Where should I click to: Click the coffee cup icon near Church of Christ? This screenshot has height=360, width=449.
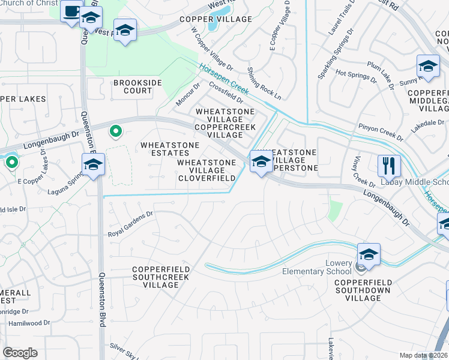(x=71, y=13)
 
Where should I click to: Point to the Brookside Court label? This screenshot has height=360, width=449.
(x=133, y=86)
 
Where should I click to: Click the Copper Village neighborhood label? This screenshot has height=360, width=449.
(x=215, y=19)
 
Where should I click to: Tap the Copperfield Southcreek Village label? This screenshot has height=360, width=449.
(x=161, y=277)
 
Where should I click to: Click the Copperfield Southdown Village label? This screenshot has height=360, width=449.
(x=363, y=290)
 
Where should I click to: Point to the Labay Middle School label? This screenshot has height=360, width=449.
(x=414, y=182)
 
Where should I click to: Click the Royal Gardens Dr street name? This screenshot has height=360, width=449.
(x=131, y=223)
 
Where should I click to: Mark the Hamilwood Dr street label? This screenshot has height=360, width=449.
(x=29, y=323)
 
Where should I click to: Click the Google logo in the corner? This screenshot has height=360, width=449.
(x=20, y=352)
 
